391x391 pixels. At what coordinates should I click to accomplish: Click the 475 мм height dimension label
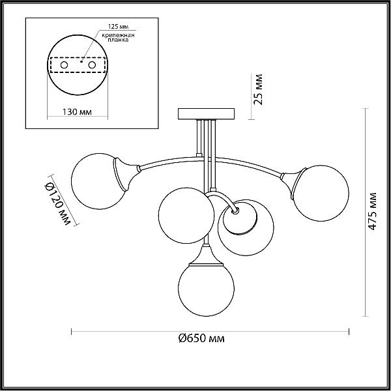pos(372,211)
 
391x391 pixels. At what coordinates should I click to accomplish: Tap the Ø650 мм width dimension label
pos(201,338)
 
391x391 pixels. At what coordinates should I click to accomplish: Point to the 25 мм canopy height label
pos(258,89)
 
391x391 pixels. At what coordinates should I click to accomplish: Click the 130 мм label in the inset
pos(77,112)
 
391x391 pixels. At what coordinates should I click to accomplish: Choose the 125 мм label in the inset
pos(118,27)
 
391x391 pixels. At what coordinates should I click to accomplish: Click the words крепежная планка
pos(118,37)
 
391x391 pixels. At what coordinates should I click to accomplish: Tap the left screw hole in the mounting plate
pos(64,65)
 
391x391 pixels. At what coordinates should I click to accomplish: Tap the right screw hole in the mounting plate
pos(92,65)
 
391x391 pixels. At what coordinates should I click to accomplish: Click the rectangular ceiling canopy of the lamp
pos(206,114)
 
